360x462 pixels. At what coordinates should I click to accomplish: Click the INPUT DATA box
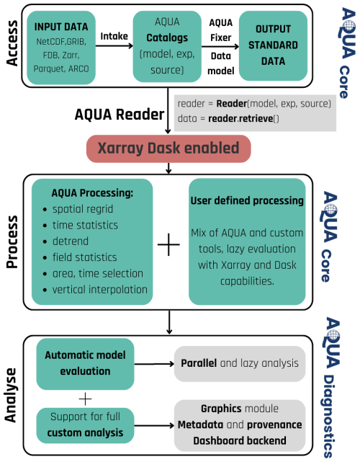point(61,48)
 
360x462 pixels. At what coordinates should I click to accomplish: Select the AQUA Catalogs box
point(167,46)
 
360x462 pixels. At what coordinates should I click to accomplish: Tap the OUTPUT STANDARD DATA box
point(273,45)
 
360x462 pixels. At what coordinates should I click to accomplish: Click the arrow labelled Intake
point(114,45)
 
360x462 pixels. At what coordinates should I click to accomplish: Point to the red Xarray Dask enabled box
point(168,148)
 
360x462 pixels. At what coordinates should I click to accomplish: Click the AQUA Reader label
point(120,115)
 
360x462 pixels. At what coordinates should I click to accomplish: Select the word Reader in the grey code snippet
point(231,104)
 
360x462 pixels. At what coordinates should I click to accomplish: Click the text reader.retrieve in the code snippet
point(240,118)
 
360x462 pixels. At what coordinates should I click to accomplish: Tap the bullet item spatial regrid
point(83,209)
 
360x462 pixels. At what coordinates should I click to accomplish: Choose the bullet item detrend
point(71,241)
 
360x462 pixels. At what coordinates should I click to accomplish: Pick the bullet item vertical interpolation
point(100,289)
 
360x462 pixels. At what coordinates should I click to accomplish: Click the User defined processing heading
point(247,200)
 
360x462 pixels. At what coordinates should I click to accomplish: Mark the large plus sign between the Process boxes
point(168,244)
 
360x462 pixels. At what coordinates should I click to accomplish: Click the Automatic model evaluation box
point(85,363)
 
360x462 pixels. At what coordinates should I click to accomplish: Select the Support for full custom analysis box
point(85,425)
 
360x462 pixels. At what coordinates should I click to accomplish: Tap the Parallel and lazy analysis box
point(240,363)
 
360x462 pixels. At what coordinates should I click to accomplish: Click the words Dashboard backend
point(240,441)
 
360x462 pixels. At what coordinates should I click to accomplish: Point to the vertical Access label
point(12,43)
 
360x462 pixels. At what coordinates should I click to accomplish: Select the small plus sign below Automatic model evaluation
point(86,399)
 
